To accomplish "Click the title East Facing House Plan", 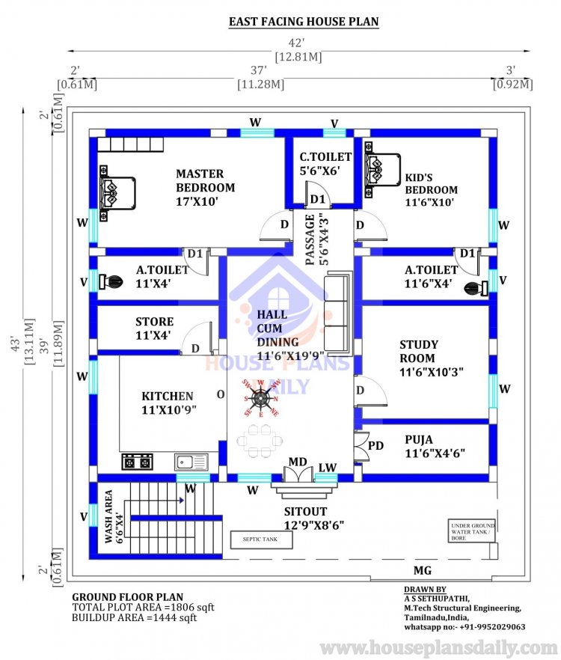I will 304,22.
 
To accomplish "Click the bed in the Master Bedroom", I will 116,191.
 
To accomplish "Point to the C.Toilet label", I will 325,163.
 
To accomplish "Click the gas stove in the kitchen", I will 136,462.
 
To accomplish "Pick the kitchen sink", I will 191,462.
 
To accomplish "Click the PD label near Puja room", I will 375,445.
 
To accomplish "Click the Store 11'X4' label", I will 154,328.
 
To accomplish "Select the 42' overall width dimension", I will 298,43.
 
